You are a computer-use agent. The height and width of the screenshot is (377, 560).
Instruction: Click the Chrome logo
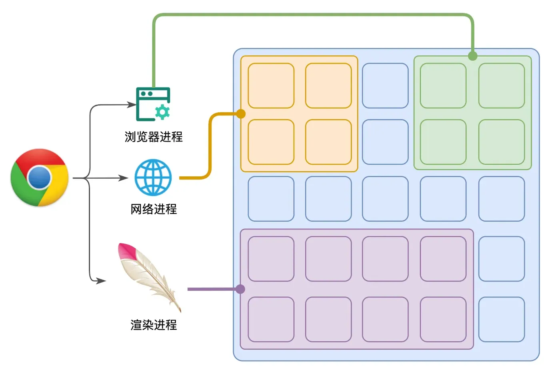tap(40, 178)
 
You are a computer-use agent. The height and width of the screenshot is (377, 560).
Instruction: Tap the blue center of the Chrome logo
tap(40, 178)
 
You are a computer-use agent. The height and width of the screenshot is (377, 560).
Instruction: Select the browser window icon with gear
tap(153, 104)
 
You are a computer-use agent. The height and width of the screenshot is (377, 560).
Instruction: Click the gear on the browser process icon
tap(162, 112)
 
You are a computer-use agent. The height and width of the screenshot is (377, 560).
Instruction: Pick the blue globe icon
tap(153, 178)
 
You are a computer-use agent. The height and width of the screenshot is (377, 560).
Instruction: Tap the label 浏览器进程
tap(154, 137)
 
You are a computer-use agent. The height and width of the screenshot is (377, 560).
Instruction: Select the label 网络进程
tap(154, 209)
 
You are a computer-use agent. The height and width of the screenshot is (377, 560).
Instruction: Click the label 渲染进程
tap(154, 325)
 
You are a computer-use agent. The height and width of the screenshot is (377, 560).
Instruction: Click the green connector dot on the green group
tap(472, 56)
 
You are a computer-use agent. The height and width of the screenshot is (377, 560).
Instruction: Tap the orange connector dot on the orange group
tap(241, 114)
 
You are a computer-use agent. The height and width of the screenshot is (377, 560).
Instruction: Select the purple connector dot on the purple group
tap(240, 289)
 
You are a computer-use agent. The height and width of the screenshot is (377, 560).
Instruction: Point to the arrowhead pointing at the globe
tap(124, 178)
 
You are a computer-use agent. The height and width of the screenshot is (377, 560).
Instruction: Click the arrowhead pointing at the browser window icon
tap(132, 104)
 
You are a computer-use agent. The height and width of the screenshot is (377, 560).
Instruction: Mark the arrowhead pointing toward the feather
tap(101, 281)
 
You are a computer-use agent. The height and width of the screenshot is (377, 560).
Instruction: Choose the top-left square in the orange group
tap(271, 86)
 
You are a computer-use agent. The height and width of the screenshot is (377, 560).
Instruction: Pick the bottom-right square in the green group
tap(502, 142)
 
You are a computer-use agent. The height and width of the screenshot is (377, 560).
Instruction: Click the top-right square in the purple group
tap(443, 259)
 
